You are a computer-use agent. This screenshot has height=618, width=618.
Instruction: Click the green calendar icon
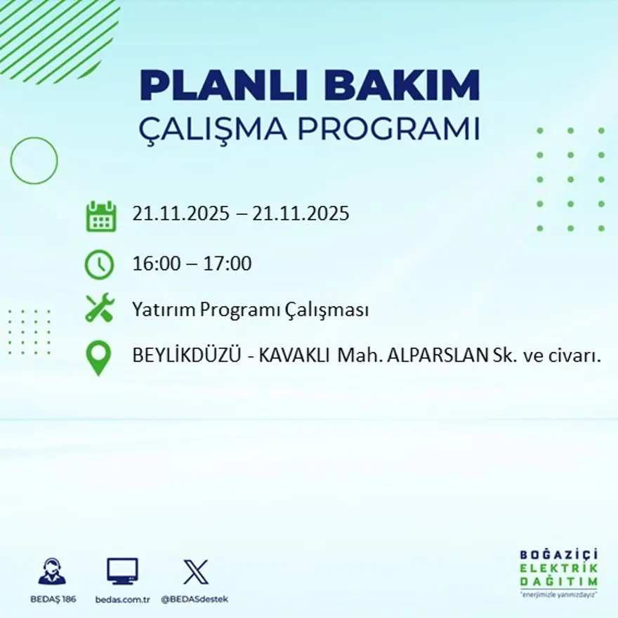pyautogui.click(x=100, y=216)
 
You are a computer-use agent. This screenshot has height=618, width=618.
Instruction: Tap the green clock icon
pyautogui.click(x=99, y=265)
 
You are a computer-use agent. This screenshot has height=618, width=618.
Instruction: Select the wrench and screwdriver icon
pyautogui.click(x=100, y=309)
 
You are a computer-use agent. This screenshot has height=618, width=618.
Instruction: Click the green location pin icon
pyautogui.click(x=98, y=357)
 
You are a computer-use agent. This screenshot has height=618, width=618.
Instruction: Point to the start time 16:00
pyautogui.click(x=155, y=265)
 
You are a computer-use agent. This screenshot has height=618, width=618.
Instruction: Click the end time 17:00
pyautogui.click(x=228, y=265)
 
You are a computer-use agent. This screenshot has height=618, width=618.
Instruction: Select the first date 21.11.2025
pyautogui.click(x=180, y=213)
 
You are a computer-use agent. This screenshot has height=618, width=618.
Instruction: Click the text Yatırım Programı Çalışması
pyautogui.click(x=251, y=310)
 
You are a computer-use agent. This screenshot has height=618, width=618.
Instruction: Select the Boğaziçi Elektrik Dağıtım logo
pyautogui.click(x=559, y=570)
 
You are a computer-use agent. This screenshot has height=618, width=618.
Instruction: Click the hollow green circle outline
pyautogui.click(x=34, y=161)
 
